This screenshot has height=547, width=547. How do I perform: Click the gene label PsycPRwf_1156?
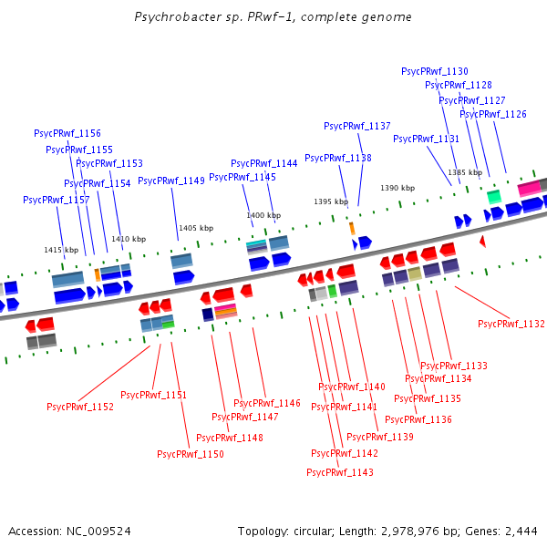pyautogui.click(x=67, y=133)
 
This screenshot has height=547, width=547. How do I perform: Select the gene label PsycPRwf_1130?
pyautogui.click(x=435, y=71)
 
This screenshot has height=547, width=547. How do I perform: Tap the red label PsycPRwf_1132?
pyautogui.click(x=511, y=324)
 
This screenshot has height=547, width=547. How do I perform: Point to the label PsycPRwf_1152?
pyautogui.click(x=80, y=407)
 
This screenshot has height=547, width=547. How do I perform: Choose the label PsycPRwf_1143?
pyautogui.click(x=340, y=472)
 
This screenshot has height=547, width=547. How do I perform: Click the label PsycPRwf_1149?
pyautogui.click(x=171, y=181)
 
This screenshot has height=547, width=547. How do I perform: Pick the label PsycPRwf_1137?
pyautogui.click(x=357, y=126)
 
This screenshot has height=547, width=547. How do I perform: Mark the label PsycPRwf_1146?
pyautogui.click(x=267, y=403)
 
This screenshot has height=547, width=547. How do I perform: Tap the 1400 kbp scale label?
pyautogui.click(x=263, y=215)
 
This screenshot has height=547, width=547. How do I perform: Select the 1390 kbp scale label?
pyautogui.click(x=397, y=188)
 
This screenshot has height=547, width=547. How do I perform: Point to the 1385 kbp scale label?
pyautogui.click(x=465, y=172)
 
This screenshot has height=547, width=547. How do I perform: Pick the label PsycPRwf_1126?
pyautogui.click(x=493, y=114)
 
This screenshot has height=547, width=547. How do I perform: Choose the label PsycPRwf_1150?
pyautogui.click(x=191, y=454)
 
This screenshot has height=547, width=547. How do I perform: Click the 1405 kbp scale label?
pyautogui.click(x=196, y=228)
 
